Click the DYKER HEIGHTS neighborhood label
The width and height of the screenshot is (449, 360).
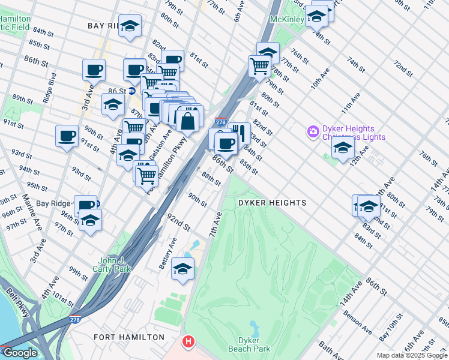tap(272, 203)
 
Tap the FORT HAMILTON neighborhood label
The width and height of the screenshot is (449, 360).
tap(129, 337)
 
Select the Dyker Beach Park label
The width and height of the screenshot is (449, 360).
tap(249, 344)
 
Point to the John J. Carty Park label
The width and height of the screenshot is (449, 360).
tap(115, 265)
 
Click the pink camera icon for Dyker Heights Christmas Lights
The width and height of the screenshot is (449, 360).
tap(312, 131)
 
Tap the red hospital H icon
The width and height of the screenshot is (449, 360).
tap(188, 343)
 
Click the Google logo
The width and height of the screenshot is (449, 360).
tap(19, 353)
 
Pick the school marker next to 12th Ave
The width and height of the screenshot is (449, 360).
tap(343, 148)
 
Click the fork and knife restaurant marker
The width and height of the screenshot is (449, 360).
tap(239, 133)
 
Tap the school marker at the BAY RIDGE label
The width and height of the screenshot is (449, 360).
tap(130, 26)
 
